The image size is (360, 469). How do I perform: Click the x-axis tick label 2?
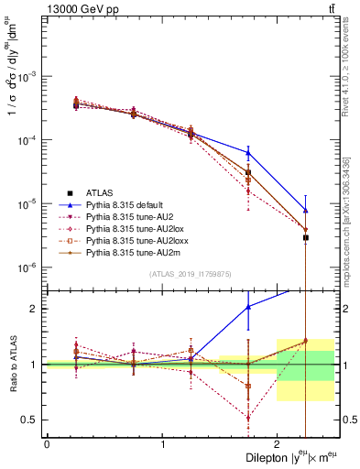277,443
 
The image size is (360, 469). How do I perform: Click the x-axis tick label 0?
47,443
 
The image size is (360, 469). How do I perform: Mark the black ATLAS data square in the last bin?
306,237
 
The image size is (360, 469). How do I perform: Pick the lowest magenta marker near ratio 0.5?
248,417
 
